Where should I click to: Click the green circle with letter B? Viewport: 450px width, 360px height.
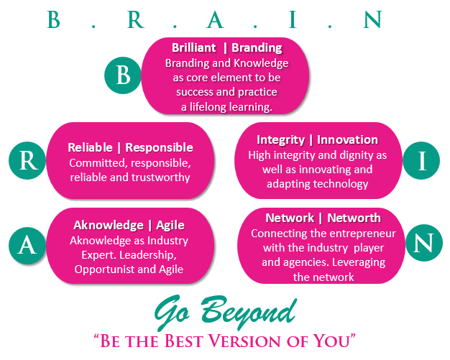pyautogui.click(x=123, y=75)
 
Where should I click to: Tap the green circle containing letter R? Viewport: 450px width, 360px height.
pyautogui.click(x=27, y=160)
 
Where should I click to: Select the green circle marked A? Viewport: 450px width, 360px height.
pyautogui.click(x=27, y=246)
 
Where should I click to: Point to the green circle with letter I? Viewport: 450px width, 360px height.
pyautogui.click(x=421, y=160)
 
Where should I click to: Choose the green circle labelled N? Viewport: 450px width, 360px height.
pyautogui.click(x=424, y=243)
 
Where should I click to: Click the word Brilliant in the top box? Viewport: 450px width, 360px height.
pyautogui.click(x=193, y=47)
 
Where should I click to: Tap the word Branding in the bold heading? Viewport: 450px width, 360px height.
pyautogui.click(x=257, y=48)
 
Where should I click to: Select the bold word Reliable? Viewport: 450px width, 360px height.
pyautogui.click(x=90, y=147)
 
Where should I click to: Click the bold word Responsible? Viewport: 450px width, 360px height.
pyautogui.click(x=160, y=148)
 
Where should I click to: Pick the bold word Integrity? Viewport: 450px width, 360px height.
pyautogui.click(x=280, y=140)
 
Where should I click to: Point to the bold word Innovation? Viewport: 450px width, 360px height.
pyautogui.click(x=347, y=139)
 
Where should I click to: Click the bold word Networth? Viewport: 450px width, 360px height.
pyautogui.click(x=354, y=218)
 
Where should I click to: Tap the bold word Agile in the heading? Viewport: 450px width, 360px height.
pyautogui.click(x=170, y=226)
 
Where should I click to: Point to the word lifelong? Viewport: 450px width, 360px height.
pyautogui.click(x=205, y=107)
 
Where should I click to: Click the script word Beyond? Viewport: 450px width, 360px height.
pyautogui.click(x=249, y=312)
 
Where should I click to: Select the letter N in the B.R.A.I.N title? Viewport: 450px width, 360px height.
pyautogui.click(x=372, y=19)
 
